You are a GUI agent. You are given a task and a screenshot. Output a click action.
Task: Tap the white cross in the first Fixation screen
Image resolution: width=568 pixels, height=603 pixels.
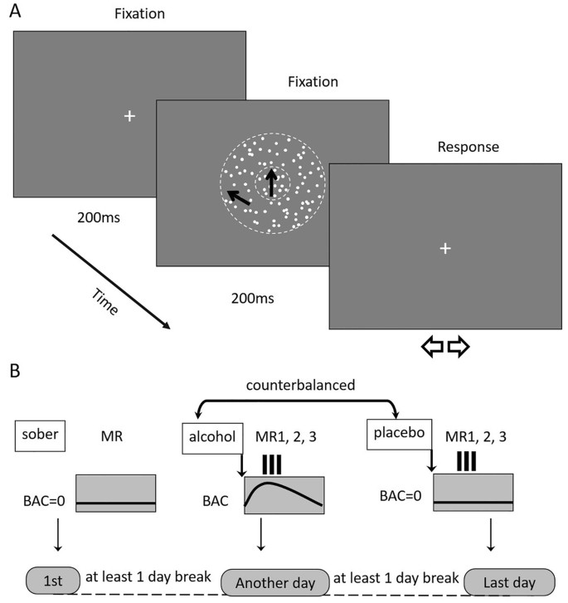click(x=129, y=116)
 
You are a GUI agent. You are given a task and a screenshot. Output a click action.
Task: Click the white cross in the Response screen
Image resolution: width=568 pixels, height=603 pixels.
click(x=444, y=248)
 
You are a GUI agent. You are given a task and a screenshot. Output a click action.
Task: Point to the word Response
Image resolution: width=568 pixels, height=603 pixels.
click(x=471, y=148)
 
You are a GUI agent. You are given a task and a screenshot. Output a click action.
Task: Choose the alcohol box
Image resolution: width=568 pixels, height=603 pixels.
click(x=211, y=436)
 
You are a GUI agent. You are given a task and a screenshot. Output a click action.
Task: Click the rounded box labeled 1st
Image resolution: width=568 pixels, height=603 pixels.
click(x=52, y=578)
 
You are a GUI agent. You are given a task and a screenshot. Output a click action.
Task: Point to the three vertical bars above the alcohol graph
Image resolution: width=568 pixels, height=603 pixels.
click(x=271, y=462)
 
